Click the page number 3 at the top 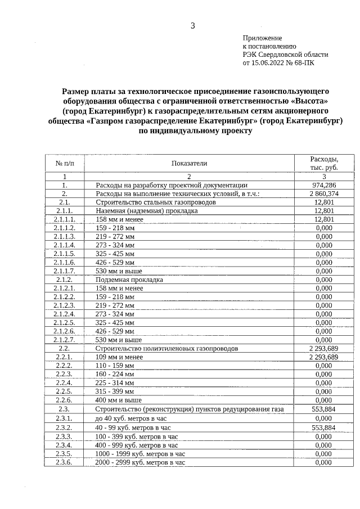193,25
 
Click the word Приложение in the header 262,37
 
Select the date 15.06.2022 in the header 269,64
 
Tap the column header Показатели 190,163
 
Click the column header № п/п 65,163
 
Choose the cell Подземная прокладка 129,279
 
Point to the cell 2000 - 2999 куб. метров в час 140,462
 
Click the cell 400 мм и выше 119,400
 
